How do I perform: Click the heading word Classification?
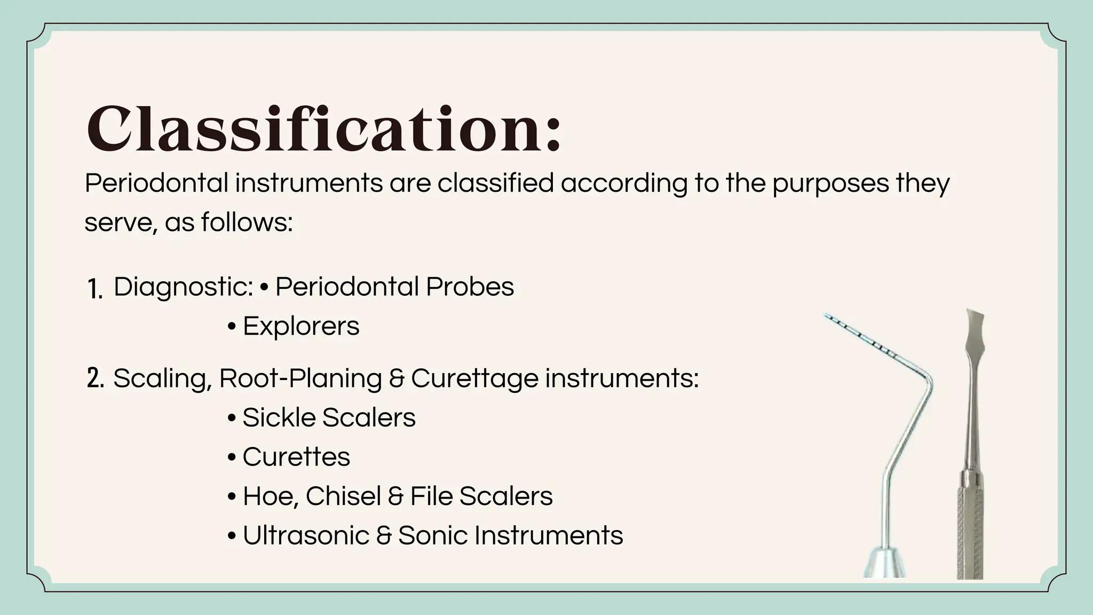pos(323,129)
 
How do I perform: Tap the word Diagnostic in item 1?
pos(183,287)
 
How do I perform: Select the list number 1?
pos(94,289)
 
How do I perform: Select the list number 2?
pos(95,379)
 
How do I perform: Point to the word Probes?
pos(470,287)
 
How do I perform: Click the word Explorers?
pos(301,326)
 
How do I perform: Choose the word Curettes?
pos(296,457)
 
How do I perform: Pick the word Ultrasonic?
pos(306,535)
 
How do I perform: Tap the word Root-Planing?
pos(300,379)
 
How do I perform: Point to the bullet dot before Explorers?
pos(232,327)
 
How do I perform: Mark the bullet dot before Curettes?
pos(232,458)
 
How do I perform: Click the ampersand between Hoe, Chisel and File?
pos(395,496)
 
